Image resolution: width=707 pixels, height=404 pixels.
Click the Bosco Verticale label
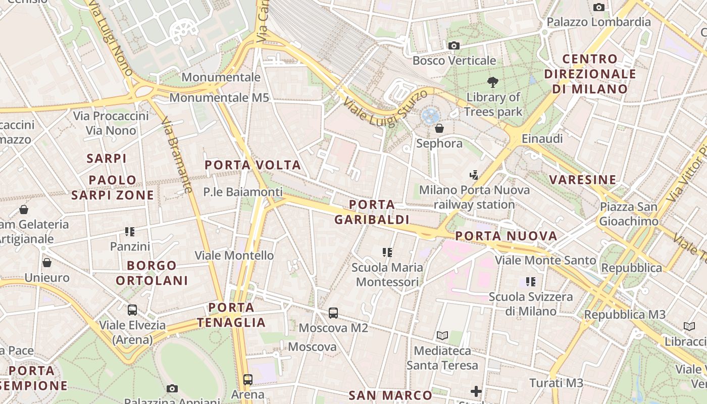(x=454, y=61)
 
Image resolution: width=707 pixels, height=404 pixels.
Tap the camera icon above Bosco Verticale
(x=453, y=46)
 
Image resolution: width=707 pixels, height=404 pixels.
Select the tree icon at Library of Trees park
(x=493, y=82)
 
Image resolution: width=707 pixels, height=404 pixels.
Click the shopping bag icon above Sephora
(x=439, y=128)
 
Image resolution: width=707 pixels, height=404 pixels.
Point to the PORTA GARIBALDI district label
(x=372, y=212)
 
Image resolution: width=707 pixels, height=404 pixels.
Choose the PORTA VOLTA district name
(x=252, y=165)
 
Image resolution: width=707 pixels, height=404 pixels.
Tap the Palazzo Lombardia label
(x=599, y=22)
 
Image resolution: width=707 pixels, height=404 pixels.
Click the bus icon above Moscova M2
(x=333, y=313)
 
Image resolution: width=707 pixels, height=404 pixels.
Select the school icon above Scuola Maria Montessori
(x=387, y=252)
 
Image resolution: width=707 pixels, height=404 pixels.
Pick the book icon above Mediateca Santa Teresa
(x=442, y=335)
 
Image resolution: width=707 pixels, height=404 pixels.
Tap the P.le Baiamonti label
(x=243, y=192)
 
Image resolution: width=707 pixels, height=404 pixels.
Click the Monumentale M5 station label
(x=219, y=97)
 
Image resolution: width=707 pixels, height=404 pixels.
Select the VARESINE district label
(x=583, y=180)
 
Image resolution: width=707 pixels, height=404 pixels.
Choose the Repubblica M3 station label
(x=625, y=315)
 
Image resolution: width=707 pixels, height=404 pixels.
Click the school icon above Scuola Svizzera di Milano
(x=530, y=281)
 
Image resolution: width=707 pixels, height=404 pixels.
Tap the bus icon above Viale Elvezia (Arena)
(x=132, y=310)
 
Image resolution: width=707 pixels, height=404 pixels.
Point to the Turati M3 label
(x=556, y=383)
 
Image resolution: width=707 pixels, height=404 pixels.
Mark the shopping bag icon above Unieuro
(x=47, y=263)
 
